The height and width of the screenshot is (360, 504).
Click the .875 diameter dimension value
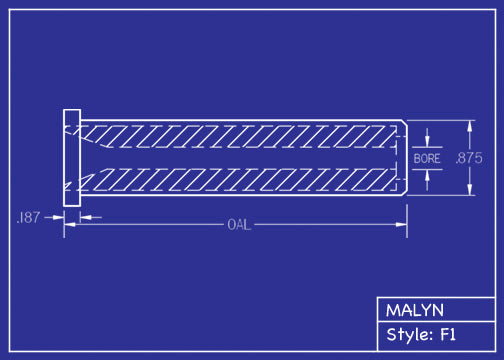tap(468, 158)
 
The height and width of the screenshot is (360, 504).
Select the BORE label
tap(427, 158)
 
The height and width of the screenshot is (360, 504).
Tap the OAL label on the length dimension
tap(238, 224)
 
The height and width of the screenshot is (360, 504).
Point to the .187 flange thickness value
tap(29, 217)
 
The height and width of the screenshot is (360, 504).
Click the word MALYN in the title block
tap(415, 310)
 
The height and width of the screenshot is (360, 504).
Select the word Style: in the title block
tap(410, 334)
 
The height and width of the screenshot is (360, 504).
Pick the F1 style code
tap(448, 334)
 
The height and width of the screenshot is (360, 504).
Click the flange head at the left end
tap(72, 158)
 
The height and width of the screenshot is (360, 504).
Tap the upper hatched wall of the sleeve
tap(240, 133)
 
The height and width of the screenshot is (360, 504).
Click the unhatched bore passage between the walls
tap(240, 158)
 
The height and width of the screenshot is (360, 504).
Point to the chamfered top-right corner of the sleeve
tap(403, 124)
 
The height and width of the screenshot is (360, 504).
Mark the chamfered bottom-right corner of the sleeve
tap(403, 193)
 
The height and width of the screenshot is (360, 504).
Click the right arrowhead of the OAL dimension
tap(402, 224)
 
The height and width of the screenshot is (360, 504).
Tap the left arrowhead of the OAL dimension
tap(69, 224)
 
